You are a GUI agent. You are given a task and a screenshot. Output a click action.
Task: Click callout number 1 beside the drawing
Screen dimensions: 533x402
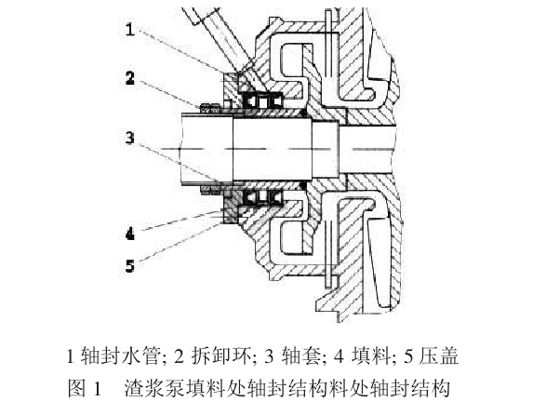pos(130,29)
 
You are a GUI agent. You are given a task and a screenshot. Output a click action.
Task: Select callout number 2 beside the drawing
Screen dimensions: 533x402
pos(130,78)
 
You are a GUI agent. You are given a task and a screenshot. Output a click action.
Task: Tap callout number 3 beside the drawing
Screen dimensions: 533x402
pos(130,138)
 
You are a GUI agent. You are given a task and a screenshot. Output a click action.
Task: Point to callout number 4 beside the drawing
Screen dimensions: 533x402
pos(130,234)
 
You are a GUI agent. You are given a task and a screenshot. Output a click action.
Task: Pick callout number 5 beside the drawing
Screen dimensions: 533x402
pos(130,265)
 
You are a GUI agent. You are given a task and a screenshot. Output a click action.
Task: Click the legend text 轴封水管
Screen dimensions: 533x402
pos(121,355)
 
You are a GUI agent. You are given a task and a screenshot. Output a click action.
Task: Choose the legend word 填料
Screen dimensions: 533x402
pos(371,355)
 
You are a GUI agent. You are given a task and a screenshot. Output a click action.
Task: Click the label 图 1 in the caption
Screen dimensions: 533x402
pos(85,388)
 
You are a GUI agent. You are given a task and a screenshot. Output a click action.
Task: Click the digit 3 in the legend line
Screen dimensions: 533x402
pos(269,356)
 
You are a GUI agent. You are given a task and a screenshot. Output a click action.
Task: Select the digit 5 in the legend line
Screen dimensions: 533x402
pos(408,356)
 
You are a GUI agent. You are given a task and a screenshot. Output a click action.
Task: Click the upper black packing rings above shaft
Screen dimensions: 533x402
pos(262,101)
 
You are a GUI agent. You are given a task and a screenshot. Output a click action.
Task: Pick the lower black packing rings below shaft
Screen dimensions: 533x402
pos(262,197)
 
